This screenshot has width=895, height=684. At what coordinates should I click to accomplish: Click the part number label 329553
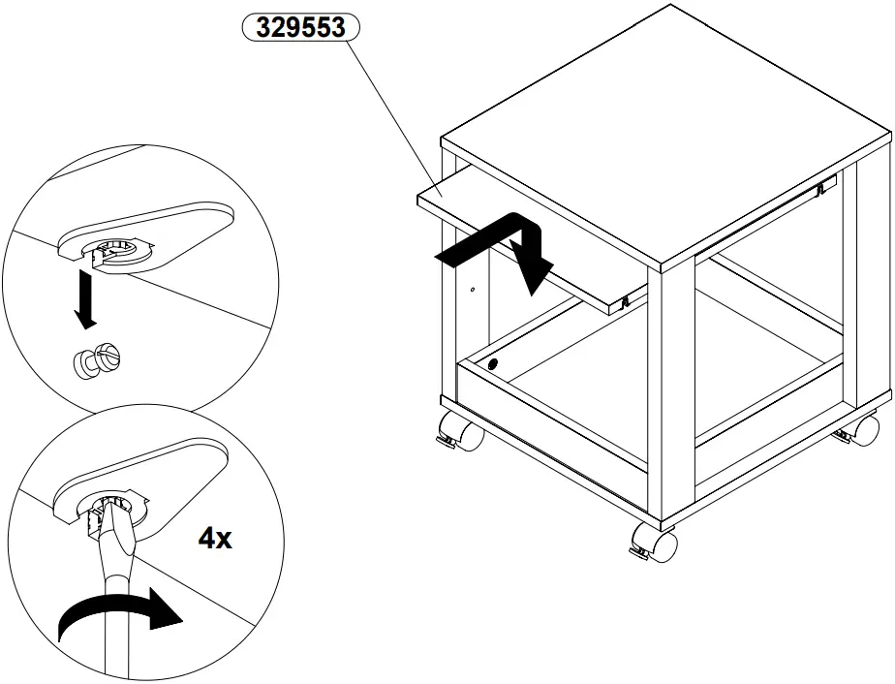point(299,28)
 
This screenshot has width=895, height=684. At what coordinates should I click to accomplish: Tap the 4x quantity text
point(214,539)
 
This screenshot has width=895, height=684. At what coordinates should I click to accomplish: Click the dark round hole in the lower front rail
point(494,365)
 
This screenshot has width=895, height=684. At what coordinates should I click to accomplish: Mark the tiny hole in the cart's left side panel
point(472,289)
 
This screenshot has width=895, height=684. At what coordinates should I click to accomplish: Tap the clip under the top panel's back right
point(823,188)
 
